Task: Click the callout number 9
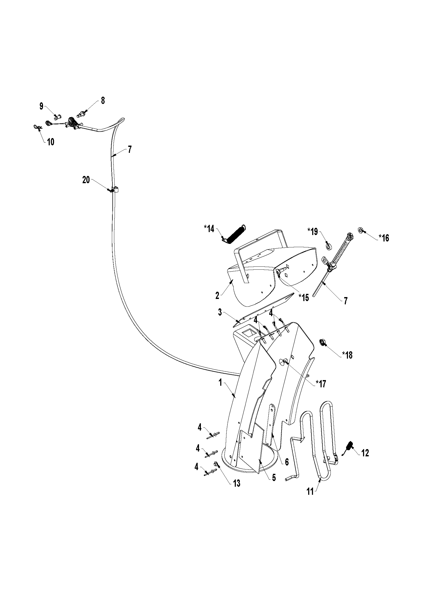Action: click(41, 106)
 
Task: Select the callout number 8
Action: click(103, 101)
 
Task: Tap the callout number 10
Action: click(51, 142)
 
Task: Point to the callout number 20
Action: click(86, 180)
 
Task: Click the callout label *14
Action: click(209, 229)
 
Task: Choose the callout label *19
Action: click(312, 231)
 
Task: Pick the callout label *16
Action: click(384, 238)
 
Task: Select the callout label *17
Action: click(321, 384)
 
